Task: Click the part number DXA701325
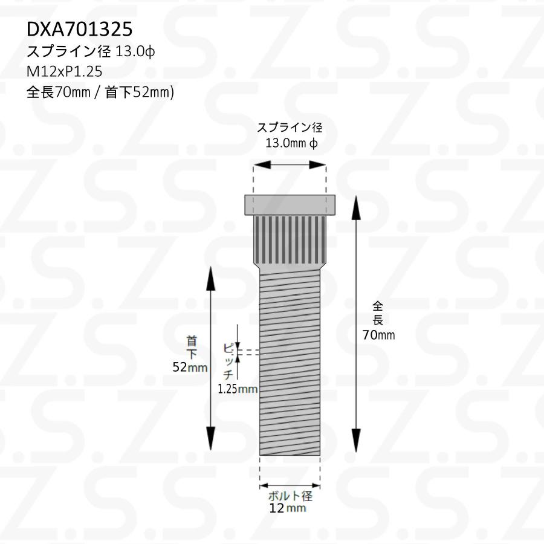(x=79, y=30)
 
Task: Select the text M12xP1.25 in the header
(x=65, y=71)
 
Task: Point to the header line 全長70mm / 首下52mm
(x=100, y=92)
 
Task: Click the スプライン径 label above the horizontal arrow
(x=290, y=128)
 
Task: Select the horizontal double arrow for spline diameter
(x=290, y=164)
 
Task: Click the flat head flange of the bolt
(x=290, y=205)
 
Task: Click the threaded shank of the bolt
(x=290, y=363)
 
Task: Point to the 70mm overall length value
(x=378, y=335)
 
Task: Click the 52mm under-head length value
(x=190, y=367)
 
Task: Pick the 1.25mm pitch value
(x=238, y=389)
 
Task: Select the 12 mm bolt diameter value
(x=288, y=509)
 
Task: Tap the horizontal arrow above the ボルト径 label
(x=290, y=485)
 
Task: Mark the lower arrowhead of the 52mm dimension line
(x=211, y=438)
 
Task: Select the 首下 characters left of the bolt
(x=192, y=347)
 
